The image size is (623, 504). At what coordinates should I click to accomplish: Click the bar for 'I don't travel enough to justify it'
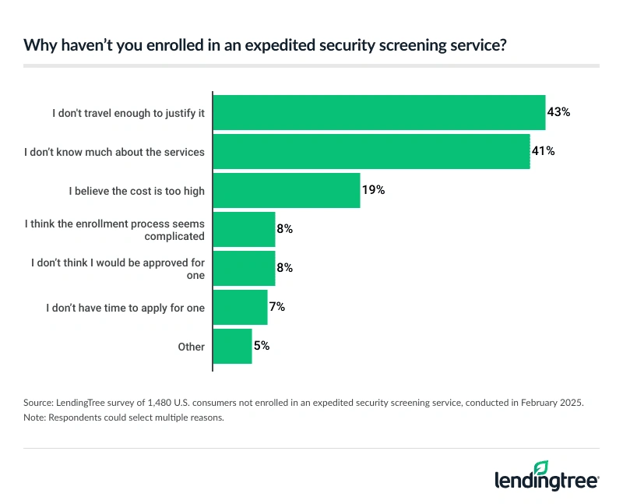[378, 112]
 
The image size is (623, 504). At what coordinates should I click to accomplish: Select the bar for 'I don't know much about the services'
[371, 151]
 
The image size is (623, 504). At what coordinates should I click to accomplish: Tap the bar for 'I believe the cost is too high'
[286, 190]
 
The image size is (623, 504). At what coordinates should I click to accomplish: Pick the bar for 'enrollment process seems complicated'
[244, 229]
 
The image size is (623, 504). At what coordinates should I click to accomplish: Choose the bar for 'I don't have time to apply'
[240, 307]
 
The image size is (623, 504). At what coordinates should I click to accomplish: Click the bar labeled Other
[232, 346]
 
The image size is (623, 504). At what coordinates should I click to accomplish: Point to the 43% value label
[558, 112]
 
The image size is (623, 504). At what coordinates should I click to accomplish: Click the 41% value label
[543, 151]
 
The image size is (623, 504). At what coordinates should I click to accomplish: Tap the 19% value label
[373, 190]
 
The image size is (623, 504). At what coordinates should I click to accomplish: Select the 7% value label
[276, 307]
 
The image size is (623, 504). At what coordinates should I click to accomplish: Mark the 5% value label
[261, 346]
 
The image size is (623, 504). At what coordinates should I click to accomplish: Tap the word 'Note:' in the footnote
[36, 418]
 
